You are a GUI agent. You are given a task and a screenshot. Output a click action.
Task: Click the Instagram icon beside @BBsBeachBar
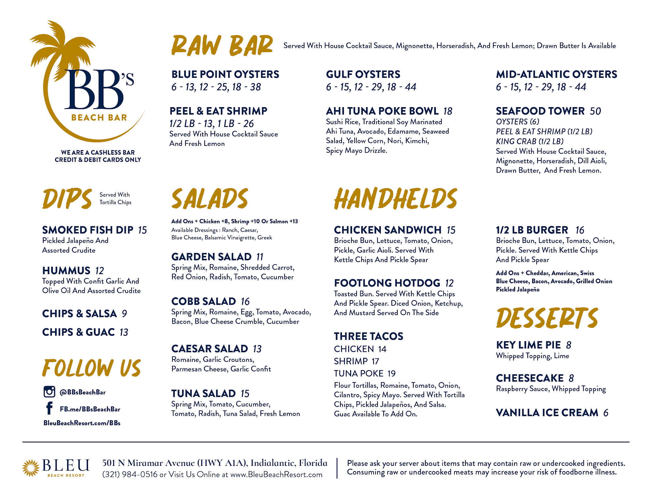click(49, 391)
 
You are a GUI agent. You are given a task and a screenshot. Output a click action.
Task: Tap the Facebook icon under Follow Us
click(49, 408)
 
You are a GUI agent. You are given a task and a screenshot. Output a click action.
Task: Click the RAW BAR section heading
click(222, 46)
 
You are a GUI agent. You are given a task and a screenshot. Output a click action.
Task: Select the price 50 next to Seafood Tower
click(595, 111)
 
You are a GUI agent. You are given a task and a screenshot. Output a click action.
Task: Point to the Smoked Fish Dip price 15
click(142, 230)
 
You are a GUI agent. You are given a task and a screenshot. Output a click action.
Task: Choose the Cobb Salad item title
click(204, 301)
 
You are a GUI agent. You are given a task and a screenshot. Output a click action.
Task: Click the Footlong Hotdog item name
click(387, 283)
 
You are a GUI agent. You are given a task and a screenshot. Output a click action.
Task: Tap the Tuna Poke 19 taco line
click(364, 373)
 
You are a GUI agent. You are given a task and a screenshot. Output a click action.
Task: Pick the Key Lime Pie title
click(528, 345)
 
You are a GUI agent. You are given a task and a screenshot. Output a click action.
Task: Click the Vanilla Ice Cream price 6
click(606, 413)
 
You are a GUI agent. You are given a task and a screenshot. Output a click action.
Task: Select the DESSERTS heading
click(547, 318)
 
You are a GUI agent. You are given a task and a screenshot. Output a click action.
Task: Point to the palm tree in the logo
click(62, 49)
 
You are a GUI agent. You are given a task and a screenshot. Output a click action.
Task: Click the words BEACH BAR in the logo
click(99, 118)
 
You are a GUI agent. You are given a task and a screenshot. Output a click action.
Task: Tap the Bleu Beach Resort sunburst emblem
click(31, 468)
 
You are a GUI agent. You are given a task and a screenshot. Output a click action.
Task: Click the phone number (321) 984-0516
click(130, 475)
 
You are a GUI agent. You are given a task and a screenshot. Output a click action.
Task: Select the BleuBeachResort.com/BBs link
click(82, 423)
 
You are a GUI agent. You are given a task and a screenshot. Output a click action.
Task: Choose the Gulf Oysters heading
click(363, 75)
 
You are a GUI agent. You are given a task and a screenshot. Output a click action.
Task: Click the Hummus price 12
click(99, 271)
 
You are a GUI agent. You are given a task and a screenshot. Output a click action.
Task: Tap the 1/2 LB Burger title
click(532, 230)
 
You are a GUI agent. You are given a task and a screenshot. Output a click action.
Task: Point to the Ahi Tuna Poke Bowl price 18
click(448, 111)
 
